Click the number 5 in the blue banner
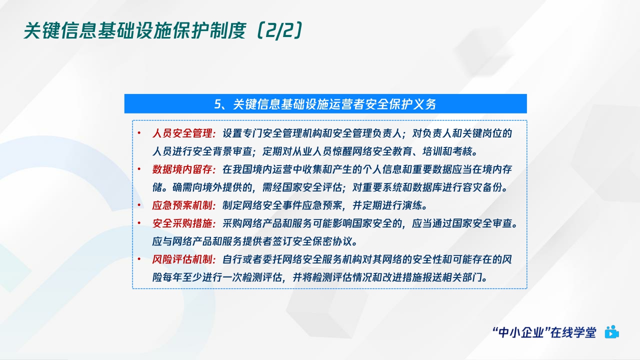pos(217,104)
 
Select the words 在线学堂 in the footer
pos(575,332)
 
